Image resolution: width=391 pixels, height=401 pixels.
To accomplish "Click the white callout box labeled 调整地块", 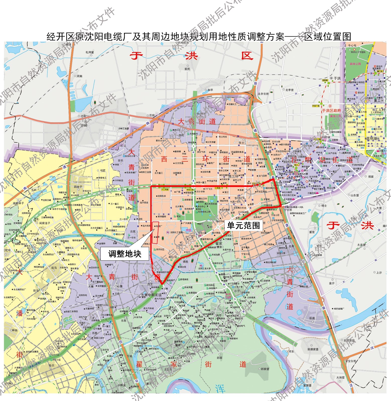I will point(124,254).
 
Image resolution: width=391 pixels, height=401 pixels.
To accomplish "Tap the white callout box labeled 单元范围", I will point(243,225).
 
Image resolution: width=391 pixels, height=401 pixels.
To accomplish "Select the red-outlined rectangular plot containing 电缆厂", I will point(156,232).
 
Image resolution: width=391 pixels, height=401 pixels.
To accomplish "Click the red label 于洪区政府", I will point(332,111).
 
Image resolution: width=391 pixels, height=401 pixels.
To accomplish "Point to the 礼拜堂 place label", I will point(90,52).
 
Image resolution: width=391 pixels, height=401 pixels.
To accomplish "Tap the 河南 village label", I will point(79,76).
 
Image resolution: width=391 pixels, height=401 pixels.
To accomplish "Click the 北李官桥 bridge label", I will point(263,94).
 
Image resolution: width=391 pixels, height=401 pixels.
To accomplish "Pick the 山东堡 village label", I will point(355,195).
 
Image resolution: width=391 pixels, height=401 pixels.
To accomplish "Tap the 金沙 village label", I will point(332,283).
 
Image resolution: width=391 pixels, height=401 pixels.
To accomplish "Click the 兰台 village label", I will point(152,115).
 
